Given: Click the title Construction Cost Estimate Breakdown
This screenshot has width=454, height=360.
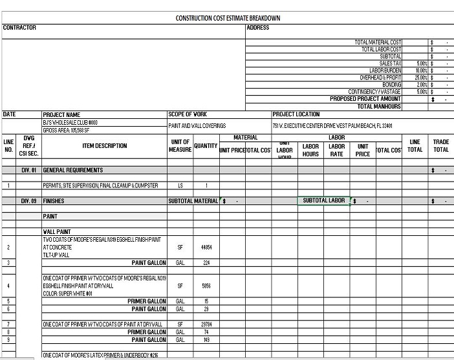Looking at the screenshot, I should (x=228, y=18).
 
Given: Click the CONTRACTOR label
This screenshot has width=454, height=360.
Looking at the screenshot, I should (x=19, y=28).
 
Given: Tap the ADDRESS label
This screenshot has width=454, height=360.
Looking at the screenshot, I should (x=257, y=28).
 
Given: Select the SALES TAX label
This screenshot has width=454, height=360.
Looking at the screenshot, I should (x=390, y=63).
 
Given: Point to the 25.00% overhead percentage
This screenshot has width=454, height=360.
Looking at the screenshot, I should (x=422, y=78).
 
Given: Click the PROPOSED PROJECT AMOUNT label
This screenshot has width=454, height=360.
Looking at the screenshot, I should (x=365, y=99).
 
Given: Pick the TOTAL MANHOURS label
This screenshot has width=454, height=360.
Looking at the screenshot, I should (x=379, y=107).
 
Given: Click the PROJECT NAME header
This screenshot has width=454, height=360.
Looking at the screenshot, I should (x=61, y=114).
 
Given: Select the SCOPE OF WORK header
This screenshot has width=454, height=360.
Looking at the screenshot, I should (x=188, y=114).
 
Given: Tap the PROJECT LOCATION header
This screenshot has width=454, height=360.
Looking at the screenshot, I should (x=296, y=114).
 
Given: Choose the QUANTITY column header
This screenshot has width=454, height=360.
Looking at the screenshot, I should (x=206, y=146).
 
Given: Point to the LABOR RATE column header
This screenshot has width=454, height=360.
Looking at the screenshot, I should (x=336, y=150).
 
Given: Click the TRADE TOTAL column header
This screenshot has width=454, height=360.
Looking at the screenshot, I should (x=441, y=146).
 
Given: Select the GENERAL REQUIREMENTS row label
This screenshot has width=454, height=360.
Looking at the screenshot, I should (x=72, y=171).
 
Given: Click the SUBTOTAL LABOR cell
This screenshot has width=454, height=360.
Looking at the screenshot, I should (x=323, y=201).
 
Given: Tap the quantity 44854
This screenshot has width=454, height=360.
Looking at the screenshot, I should (x=206, y=248).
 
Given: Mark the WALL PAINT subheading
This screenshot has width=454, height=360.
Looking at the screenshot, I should (x=57, y=231).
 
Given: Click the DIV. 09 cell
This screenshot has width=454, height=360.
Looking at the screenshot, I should (x=28, y=201).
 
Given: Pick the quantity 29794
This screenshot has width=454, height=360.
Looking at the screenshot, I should (x=206, y=324).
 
